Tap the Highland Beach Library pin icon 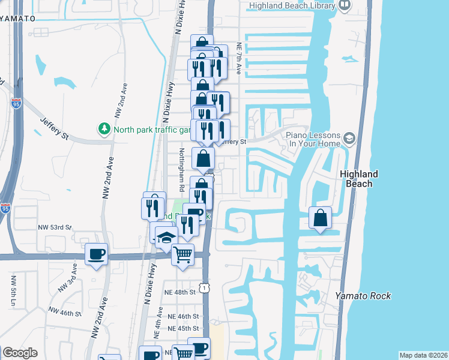click(x=345, y=5)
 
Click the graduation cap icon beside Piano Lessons click(x=349, y=140)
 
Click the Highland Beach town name click(x=359, y=178)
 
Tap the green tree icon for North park click(x=104, y=128)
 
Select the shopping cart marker click(x=183, y=254)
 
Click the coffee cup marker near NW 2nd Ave click(x=96, y=255)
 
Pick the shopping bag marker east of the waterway click(x=321, y=218)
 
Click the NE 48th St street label click(x=182, y=293)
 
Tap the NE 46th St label click(x=183, y=316)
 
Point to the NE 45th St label click(x=183, y=329)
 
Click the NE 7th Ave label click(x=238, y=58)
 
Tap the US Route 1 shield click(x=206, y=289)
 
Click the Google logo click(x=20, y=353)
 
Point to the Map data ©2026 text click(x=423, y=355)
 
